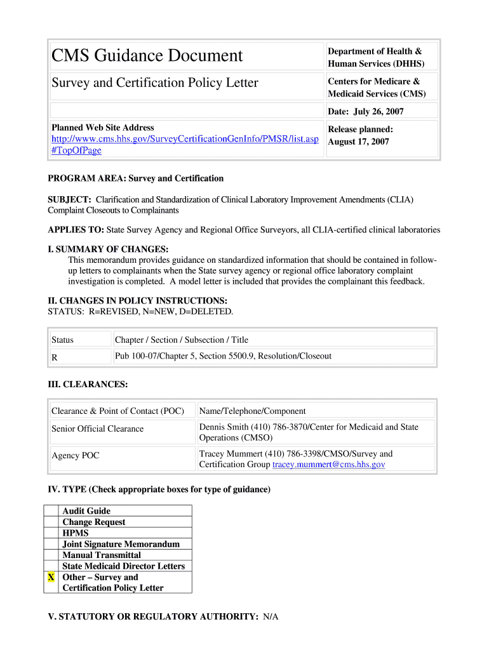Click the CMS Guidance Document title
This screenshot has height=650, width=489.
(147, 56)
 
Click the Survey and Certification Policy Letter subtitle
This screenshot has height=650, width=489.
(155, 83)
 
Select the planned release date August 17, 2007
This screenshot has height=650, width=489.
(358, 142)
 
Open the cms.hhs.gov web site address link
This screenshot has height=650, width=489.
(185, 138)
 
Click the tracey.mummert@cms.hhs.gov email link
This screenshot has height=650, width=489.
(328, 465)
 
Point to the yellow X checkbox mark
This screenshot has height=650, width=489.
(51, 578)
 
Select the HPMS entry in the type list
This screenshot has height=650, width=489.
(76, 533)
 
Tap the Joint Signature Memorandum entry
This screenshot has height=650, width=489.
(121, 544)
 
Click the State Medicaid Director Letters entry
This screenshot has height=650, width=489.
(123, 566)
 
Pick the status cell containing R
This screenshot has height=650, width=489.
(55, 357)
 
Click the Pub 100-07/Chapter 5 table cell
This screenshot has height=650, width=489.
(223, 356)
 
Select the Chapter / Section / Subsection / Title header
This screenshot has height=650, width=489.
(182, 340)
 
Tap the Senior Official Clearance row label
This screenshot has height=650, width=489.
(98, 429)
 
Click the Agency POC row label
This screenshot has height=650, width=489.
(76, 456)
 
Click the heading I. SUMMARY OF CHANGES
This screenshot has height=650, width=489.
(109, 249)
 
